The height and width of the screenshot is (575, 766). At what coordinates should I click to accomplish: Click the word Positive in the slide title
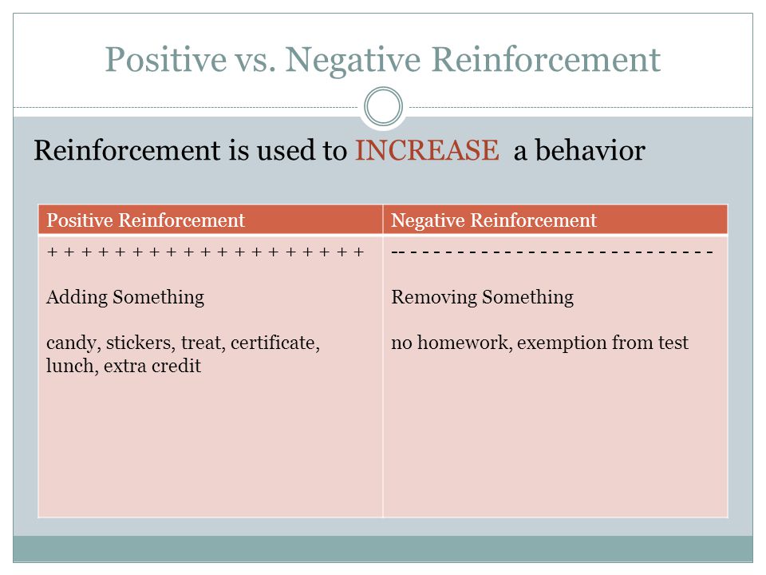click(x=166, y=60)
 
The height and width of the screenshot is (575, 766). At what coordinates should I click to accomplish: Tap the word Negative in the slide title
click(x=353, y=61)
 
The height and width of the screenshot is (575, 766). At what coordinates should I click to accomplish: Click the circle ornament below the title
click(x=384, y=106)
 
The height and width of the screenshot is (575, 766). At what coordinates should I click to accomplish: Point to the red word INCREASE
click(x=427, y=149)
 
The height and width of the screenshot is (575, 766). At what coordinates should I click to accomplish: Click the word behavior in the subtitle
click(x=590, y=149)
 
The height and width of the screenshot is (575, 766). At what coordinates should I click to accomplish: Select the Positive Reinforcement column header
click(x=145, y=220)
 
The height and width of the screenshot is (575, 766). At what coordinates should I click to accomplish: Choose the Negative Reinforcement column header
click(x=494, y=220)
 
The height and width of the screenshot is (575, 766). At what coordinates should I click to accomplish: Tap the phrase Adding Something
click(x=125, y=298)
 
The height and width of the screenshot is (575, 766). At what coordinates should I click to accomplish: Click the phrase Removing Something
click(x=483, y=298)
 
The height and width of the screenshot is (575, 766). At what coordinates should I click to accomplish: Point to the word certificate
click(x=275, y=343)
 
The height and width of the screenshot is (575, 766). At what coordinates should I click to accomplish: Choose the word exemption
click(x=562, y=343)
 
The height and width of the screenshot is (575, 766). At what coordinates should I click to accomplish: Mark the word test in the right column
click(x=673, y=343)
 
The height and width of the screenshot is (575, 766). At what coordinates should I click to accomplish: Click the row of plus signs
click(x=206, y=252)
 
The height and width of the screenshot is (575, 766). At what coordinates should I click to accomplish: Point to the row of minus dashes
click(x=552, y=252)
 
